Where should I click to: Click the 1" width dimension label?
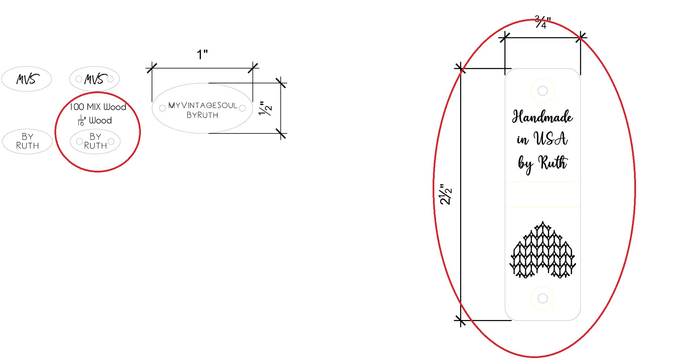point(202,54)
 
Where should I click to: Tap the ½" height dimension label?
point(265,108)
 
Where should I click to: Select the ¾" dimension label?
point(543,22)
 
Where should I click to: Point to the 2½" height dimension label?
point(446,194)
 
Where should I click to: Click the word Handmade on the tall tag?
point(542,117)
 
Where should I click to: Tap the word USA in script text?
point(551,138)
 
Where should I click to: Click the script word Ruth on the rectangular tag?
point(553,162)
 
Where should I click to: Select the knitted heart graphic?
point(543,250)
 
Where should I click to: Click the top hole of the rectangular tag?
point(543,90)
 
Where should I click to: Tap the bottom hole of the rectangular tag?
point(543,298)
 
